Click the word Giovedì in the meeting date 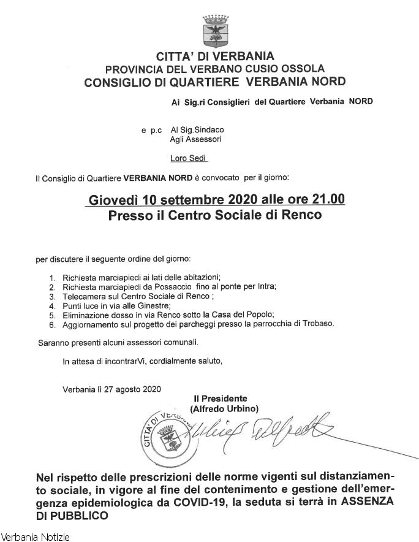click(114, 200)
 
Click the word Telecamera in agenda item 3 click(83, 296)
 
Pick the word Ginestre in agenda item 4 click(153, 305)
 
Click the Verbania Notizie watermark click(35, 537)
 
